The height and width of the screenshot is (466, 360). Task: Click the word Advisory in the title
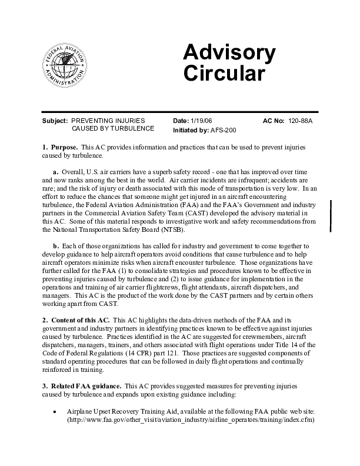click(229, 54)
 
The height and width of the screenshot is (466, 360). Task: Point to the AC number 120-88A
click(300, 120)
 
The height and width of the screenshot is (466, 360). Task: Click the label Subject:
click(55, 120)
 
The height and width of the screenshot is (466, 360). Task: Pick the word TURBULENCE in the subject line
click(131, 128)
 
